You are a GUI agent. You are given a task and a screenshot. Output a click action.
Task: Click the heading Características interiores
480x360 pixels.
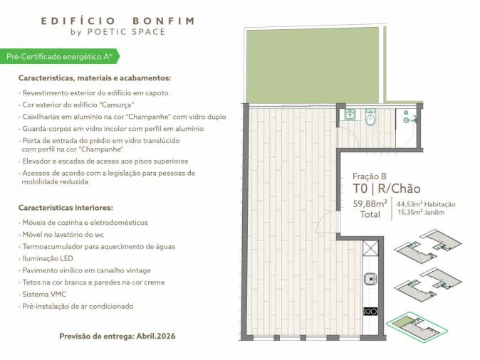coord(66,208)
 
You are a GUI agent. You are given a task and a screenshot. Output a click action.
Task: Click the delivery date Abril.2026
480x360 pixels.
coord(156,335)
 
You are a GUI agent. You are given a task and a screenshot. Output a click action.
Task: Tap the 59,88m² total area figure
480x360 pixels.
coord(370,203)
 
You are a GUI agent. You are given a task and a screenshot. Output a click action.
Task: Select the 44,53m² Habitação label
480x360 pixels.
coord(426,204)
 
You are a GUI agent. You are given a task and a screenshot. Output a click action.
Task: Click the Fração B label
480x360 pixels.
coord(370,176)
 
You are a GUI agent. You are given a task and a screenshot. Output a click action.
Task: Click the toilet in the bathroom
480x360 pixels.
coord(370,118)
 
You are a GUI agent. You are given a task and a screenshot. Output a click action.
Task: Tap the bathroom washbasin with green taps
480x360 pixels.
coord(350,114)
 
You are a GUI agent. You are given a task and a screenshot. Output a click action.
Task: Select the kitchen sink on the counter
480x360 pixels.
coord(370,279)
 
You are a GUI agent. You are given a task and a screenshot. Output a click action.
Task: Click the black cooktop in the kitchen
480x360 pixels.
coord(370,311)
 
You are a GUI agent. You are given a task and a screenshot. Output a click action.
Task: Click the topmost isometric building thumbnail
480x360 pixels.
coord(427,245)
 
